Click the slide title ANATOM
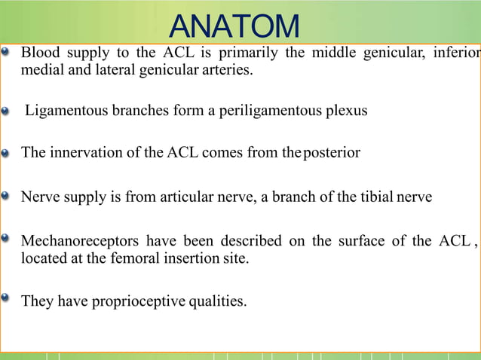[x=234, y=27]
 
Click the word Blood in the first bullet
[x=38, y=53]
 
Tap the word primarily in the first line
[x=247, y=53]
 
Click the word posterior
[x=332, y=153]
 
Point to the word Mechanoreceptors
[x=80, y=241]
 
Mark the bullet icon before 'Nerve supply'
[x=7, y=197]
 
